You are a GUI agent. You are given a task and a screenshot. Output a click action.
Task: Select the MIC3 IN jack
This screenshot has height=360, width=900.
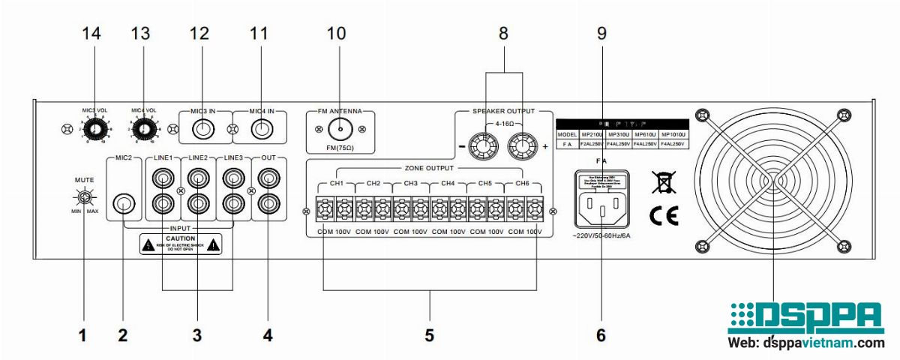tap(202, 129)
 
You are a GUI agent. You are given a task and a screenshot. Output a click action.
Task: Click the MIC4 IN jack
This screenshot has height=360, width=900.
tap(261, 129)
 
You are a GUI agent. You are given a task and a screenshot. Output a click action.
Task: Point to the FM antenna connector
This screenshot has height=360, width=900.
tap(340, 130)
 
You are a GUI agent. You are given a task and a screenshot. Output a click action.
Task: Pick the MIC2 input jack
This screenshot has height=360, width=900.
tap(124, 203)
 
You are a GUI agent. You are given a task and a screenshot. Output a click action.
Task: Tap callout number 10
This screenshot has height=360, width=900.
tap(337, 33)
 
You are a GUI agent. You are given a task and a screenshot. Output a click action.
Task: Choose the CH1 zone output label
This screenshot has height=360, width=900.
tap(336, 183)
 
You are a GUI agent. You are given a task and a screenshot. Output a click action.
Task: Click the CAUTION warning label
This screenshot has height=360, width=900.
tap(180, 243)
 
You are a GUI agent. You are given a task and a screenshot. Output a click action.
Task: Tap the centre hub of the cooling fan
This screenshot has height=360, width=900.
tap(772, 182)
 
